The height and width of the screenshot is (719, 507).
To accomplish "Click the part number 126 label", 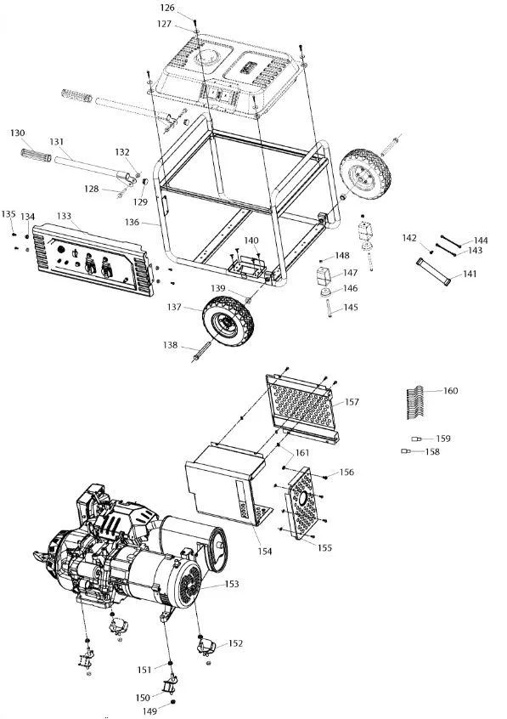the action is tap(167, 8).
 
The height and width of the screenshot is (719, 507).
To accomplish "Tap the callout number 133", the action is tap(65, 216).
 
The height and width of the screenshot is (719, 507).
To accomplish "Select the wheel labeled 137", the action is tap(228, 320).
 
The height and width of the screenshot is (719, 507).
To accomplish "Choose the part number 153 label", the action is tap(232, 584).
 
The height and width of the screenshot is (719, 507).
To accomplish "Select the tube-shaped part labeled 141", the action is tap(433, 271).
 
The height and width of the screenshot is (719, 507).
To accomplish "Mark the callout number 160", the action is tap(451, 391).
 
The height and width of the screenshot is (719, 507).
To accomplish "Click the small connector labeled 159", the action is tap(416, 439).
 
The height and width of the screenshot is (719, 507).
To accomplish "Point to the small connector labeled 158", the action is tap(405, 451).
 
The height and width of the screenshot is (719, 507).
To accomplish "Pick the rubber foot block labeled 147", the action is tap(324, 276).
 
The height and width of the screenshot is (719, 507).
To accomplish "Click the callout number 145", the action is tap(350, 307).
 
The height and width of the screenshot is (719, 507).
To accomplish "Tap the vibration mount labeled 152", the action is tap(206, 648).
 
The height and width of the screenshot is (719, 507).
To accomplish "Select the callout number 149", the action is tap(149, 711).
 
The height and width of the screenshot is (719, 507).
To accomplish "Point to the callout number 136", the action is tap(132, 222).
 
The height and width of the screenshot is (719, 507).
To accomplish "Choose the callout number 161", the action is tap(302, 453).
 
